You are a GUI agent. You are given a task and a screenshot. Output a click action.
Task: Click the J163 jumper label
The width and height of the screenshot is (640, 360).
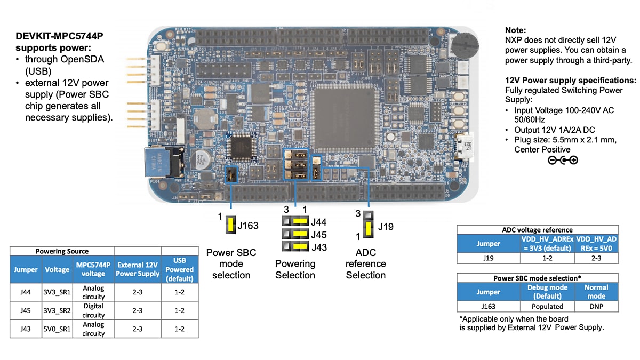point(248,226)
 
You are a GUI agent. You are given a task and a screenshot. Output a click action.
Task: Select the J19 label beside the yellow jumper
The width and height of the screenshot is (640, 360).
point(386,226)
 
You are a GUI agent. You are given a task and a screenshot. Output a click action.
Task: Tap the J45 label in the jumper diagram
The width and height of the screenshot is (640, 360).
point(319,235)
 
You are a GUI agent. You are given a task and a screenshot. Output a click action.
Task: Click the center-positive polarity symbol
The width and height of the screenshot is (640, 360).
point(563,160)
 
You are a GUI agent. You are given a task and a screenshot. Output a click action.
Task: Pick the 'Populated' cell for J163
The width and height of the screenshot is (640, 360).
point(547,307)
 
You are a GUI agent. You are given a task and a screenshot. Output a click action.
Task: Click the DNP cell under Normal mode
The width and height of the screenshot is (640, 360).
point(596,307)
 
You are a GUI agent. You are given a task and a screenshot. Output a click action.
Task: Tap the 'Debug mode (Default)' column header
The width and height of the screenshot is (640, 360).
point(547,292)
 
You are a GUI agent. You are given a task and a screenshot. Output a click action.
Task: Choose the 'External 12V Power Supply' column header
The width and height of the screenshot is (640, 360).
point(138,269)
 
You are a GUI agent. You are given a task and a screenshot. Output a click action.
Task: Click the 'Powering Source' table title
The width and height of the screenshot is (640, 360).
point(62,251)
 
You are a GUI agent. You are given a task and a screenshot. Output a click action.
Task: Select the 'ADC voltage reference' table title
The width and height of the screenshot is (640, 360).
point(538,230)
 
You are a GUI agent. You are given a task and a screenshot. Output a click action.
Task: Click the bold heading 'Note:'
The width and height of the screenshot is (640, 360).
point(515,30)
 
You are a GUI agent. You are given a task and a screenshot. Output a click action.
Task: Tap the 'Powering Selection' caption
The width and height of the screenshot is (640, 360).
point(295,269)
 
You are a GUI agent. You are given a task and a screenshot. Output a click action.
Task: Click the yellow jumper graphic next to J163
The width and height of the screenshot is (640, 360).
point(231,226)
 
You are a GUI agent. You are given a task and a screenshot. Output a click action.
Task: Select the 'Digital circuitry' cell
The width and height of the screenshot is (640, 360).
point(93,310)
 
